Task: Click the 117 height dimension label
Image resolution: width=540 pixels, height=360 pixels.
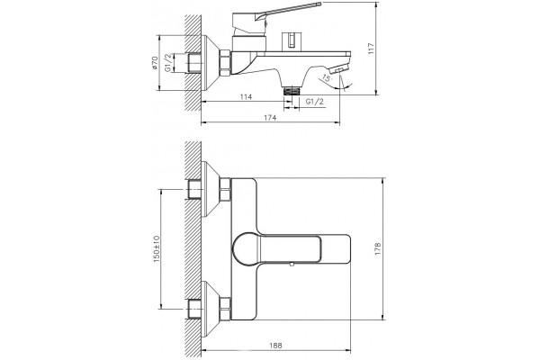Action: coord(371,49)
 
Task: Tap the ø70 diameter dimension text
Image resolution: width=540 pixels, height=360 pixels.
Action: coord(155,63)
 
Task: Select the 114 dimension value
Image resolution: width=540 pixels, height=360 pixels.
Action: coord(246,97)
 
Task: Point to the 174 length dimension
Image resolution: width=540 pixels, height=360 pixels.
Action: coord(270,118)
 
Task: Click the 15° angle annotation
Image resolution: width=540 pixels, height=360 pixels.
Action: coord(326,78)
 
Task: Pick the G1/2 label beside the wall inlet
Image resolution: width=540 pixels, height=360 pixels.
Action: coord(168,63)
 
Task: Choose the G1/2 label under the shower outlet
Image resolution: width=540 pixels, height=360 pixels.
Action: coord(315,102)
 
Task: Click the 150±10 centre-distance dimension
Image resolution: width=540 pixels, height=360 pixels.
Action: coord(157,248)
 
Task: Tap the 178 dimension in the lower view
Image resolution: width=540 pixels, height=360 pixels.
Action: coord(378,248)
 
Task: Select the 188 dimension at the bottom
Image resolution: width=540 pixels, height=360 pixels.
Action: coord(275,346)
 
